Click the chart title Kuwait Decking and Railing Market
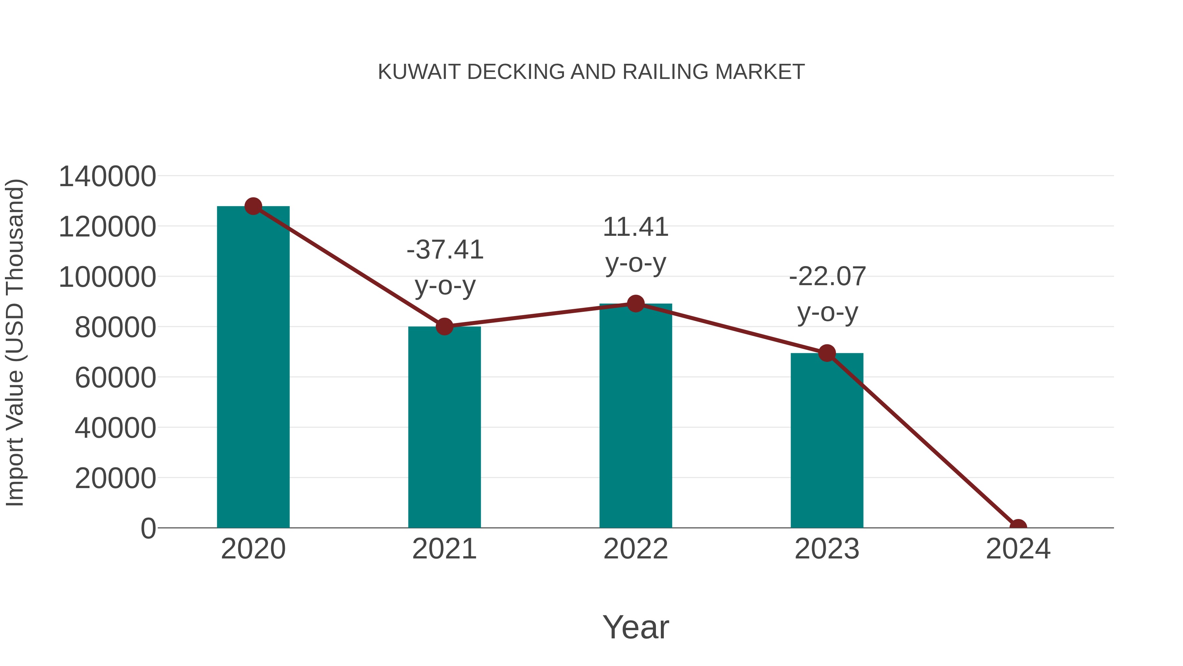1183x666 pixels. click(591, 72)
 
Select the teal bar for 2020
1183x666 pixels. click(253, 368)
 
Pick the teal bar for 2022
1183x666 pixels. click(636, 416)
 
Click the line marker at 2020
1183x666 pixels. click(253, 206)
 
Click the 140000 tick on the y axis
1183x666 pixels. click(107, 177)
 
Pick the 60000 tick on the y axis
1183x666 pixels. click(115, 378)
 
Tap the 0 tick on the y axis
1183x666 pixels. click(148, 529)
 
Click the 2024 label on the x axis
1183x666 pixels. click(1018, 549)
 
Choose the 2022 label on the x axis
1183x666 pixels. click(636, 549)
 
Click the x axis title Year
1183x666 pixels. click(636, 627)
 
